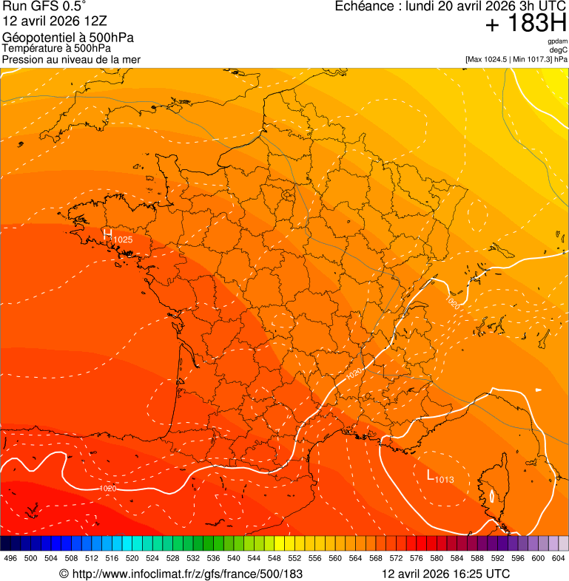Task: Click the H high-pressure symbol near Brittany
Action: point(107,234)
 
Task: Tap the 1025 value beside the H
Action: point(123,239)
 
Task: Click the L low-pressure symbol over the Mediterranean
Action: point(431,475)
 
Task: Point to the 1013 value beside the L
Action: point(445,480)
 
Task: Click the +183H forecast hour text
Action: point(525,24)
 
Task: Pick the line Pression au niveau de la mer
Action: point(71,59)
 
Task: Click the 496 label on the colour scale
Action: point(10,558)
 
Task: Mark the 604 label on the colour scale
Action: point(558,558)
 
